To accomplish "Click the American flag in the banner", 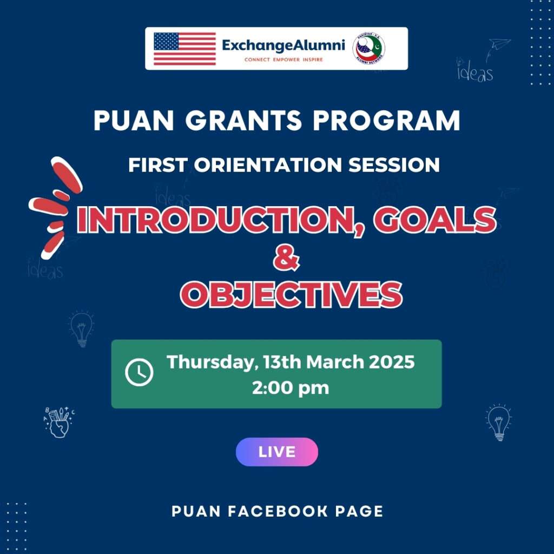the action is tap(184, 49).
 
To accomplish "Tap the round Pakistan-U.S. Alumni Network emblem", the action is tap(369, 49).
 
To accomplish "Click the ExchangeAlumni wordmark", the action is tap(283, 45).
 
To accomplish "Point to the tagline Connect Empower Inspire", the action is tap(283, 60).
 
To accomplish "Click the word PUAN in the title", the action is tap(134, 121).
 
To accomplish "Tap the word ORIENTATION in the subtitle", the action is tap(268, 165).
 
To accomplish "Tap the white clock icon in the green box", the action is tap(139, 372).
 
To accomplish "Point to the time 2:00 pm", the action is tap(291, 387).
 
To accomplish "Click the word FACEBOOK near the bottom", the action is tap(278, 511).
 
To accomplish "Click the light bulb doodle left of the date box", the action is tap(82, 328).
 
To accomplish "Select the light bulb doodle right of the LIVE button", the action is tap(498, 422).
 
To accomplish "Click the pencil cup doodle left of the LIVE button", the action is tap(59, 423).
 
